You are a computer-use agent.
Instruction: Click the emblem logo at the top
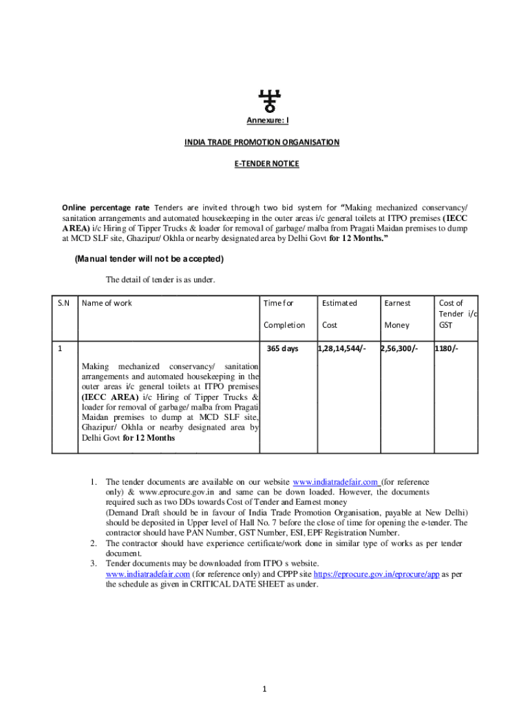(266, 101)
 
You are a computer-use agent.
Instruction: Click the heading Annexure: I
(268, 121)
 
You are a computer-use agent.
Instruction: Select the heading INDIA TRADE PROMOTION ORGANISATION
(262, 143)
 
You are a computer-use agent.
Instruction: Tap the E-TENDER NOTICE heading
(265, 165)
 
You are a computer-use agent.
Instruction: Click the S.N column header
(63, 303)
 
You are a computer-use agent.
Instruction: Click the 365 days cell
(282, 348)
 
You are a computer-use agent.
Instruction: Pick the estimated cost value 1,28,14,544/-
(341, 348)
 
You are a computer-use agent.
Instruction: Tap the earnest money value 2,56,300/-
(399, 348)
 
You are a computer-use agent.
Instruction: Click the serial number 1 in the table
(60, 348)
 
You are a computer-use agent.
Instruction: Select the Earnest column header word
(397, 303)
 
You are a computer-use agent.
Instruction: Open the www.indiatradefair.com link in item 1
(336, 482)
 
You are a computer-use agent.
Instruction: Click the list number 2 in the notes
(93, 543)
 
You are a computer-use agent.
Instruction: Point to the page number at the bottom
(265, 688)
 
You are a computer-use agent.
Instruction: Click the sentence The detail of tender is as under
(160, 280)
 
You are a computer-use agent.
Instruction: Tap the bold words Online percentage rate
(105, 207)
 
